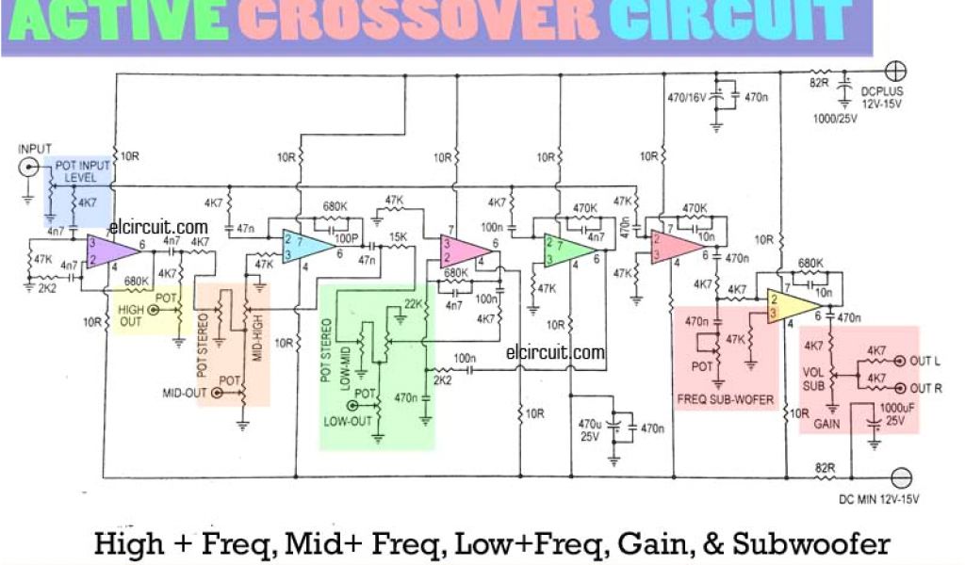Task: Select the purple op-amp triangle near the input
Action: (x=110, y=250)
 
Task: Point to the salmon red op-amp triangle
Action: (x=675, y=246)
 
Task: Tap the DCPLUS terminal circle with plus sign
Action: (x=897, y=71)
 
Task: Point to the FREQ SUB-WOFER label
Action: (x=725, y=399)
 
